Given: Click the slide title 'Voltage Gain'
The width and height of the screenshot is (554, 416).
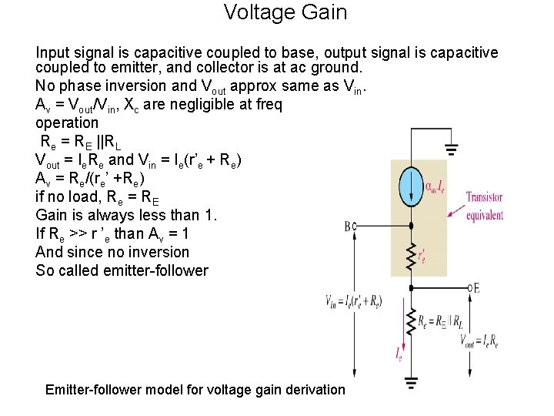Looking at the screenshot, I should [285, 12].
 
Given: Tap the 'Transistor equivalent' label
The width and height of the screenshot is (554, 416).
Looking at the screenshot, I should [485, 206].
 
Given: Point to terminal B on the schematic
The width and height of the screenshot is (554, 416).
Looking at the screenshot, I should [350, 226].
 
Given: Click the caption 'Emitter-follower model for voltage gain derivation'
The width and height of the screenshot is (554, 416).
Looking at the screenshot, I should [195, 389].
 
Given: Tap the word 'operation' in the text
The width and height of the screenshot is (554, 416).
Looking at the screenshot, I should [67, 122].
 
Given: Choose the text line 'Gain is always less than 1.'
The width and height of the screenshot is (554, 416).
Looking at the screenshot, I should [127, 215].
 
